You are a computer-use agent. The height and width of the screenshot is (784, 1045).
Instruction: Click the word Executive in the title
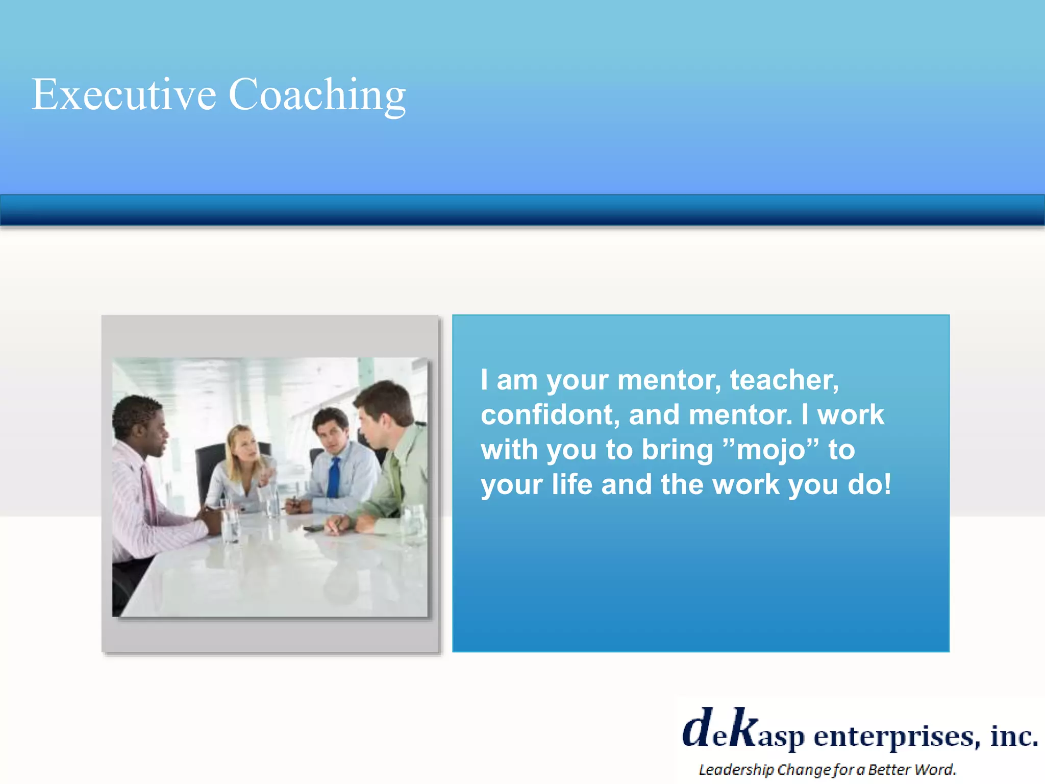pos(124,95)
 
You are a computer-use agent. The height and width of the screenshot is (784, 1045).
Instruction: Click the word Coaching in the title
pos(316,95)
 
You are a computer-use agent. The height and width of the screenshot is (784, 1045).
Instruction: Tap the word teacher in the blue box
pos(784,380)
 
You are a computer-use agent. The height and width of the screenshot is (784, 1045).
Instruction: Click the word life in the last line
pos(571,484)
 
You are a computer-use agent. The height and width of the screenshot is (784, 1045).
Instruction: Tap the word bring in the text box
pos(677,450)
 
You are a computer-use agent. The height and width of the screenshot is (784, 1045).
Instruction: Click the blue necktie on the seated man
pos(334,477)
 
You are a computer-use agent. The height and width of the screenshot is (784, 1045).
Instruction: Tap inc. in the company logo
pos(1013,736)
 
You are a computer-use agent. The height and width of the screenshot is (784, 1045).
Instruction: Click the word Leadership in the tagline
pos(736,770)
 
